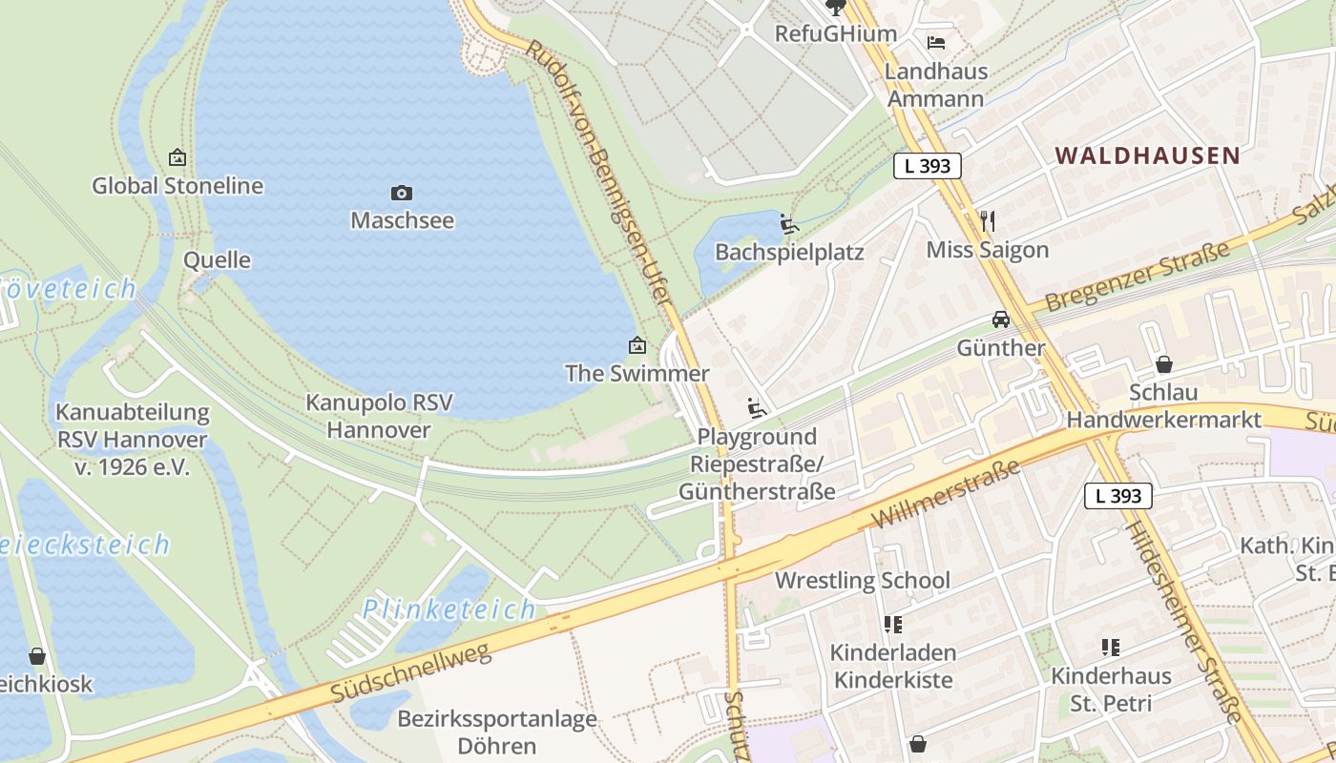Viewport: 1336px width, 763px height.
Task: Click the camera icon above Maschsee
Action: [402, 194]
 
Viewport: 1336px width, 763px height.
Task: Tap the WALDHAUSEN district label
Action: [1147, 155]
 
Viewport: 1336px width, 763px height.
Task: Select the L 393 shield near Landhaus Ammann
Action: [928, 166]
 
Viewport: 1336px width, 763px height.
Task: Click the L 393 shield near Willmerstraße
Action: [1118, 496]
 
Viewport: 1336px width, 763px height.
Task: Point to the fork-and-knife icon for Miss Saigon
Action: [988, 221]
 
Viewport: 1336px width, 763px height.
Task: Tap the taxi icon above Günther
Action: [1001, 319]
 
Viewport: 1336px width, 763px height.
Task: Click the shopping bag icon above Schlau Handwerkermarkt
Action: [1163, 363]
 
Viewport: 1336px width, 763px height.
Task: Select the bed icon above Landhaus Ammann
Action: [936, 43]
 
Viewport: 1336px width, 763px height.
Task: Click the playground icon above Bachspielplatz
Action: [789, 224]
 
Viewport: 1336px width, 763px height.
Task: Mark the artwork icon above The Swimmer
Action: [637, 345]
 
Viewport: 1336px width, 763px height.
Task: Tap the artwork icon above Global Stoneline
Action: [177, 157]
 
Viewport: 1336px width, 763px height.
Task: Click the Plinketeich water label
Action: [449, 608]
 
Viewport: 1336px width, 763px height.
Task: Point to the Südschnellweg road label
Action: [411, 672]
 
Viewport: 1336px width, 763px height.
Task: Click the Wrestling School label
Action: [863, 580]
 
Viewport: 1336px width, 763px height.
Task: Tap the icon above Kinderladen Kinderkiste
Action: [892, 625]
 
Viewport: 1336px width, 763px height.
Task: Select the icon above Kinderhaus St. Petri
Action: [1111, 648]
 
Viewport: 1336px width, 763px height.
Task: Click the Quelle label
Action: [218, 260]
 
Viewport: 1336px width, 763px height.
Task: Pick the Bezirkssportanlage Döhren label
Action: [497, 732]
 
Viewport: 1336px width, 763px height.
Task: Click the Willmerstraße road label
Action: [946, 494]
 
